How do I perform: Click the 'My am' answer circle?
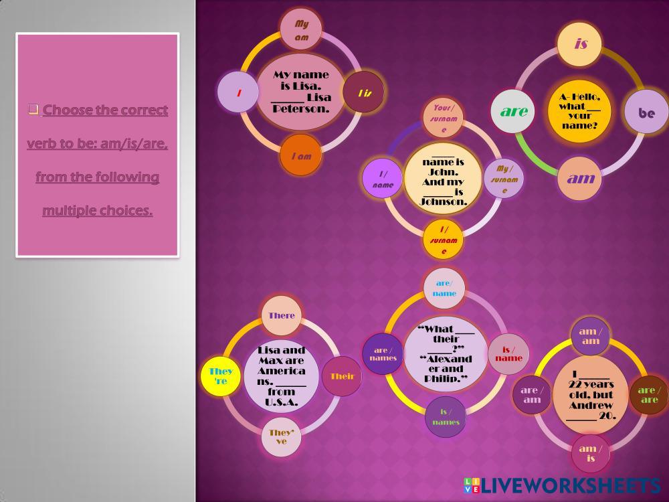pyautogui.click(x=302, y=30)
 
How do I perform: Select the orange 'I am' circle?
pyautogui.click(x=301, y=156)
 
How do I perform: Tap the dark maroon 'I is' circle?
pyautogui.click(x=364, y=93)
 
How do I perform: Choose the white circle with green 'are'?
pyautogui.click(x=513, y=111)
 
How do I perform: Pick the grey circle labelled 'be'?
pyautogui.click(x=646, y=112)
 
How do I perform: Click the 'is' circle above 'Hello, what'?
pyautogui.click(x=580, y=44)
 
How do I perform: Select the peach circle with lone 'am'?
pyautogui.click(x=580, y=178)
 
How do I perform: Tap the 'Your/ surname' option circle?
pyautogui.click(x=443, y=118)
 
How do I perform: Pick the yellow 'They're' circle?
pyautogui.click(x=221, y=375)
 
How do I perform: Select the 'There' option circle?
pyautogui.click(x=281, y=315)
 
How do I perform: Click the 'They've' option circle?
pyautogui.click(x=281, y=436)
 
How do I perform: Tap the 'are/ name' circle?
pyautogui.click(x=444, y=288)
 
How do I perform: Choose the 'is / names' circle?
pyautogui.click(x=445, y=416)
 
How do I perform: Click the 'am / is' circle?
pyautogui.click(x=591, y=453)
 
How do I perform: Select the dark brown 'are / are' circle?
pyautogui.click(x=649, y=394)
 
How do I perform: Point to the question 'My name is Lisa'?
pyautogui.click(x=302, y=92)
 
